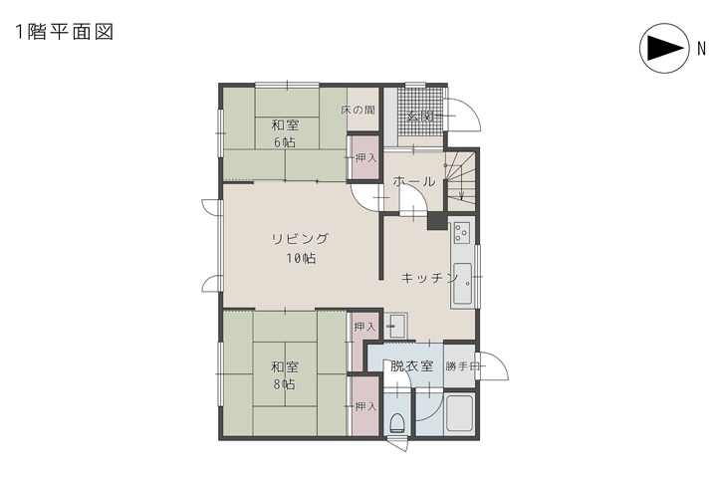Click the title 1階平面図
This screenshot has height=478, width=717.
point(63,31)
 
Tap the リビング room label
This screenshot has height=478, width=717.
point(300,239)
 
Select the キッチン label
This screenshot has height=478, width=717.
point(429,278)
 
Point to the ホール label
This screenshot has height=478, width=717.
point(413,182)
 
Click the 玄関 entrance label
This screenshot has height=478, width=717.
point(418,116)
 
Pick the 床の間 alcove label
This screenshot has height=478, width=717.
point(358,110)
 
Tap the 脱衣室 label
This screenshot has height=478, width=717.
point(411,365)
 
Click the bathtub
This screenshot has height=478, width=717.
point(459,415)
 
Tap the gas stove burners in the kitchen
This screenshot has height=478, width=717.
point(461,233)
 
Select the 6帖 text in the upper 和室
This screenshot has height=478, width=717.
point(285,142)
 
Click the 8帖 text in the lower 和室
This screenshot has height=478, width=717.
point(285,383)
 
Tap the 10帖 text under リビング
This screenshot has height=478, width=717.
point(300,258)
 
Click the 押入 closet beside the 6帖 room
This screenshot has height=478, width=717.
point(364,159)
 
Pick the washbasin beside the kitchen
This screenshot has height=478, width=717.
point(396,323)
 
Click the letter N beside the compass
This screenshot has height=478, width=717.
point(700,49)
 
